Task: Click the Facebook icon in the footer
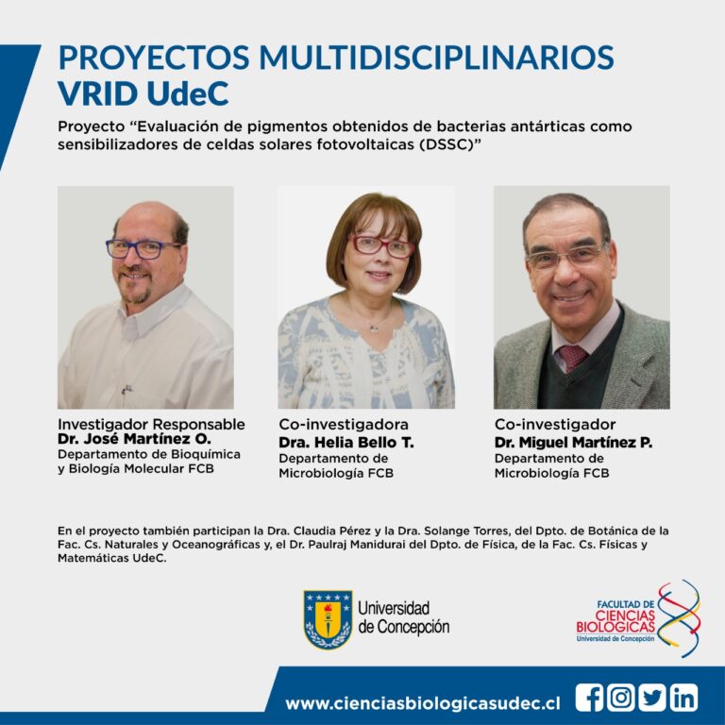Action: tap(589, 698)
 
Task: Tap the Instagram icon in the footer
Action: tap(620, 698)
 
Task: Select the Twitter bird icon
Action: tap(652, 698)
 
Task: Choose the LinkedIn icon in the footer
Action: tap(683, 698)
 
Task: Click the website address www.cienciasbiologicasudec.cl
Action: tap(423, 703)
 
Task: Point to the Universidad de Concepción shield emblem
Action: tap(328, 618)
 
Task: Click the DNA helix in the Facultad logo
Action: tap(679, 617)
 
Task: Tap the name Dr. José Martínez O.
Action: tap(134, 438)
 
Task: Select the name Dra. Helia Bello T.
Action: tap(346, 443)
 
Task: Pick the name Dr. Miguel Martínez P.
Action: tap(573, 443)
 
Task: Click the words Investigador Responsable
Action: tap(151, 424)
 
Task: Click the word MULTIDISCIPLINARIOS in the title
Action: tap(436, 58)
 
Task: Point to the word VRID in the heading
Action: tap(98, 93)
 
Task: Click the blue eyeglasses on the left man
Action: tap(143, 249)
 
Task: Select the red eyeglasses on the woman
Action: tap(383, 246)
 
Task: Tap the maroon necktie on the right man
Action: tap(572, 358)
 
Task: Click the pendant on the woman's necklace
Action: tap(374, 329)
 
